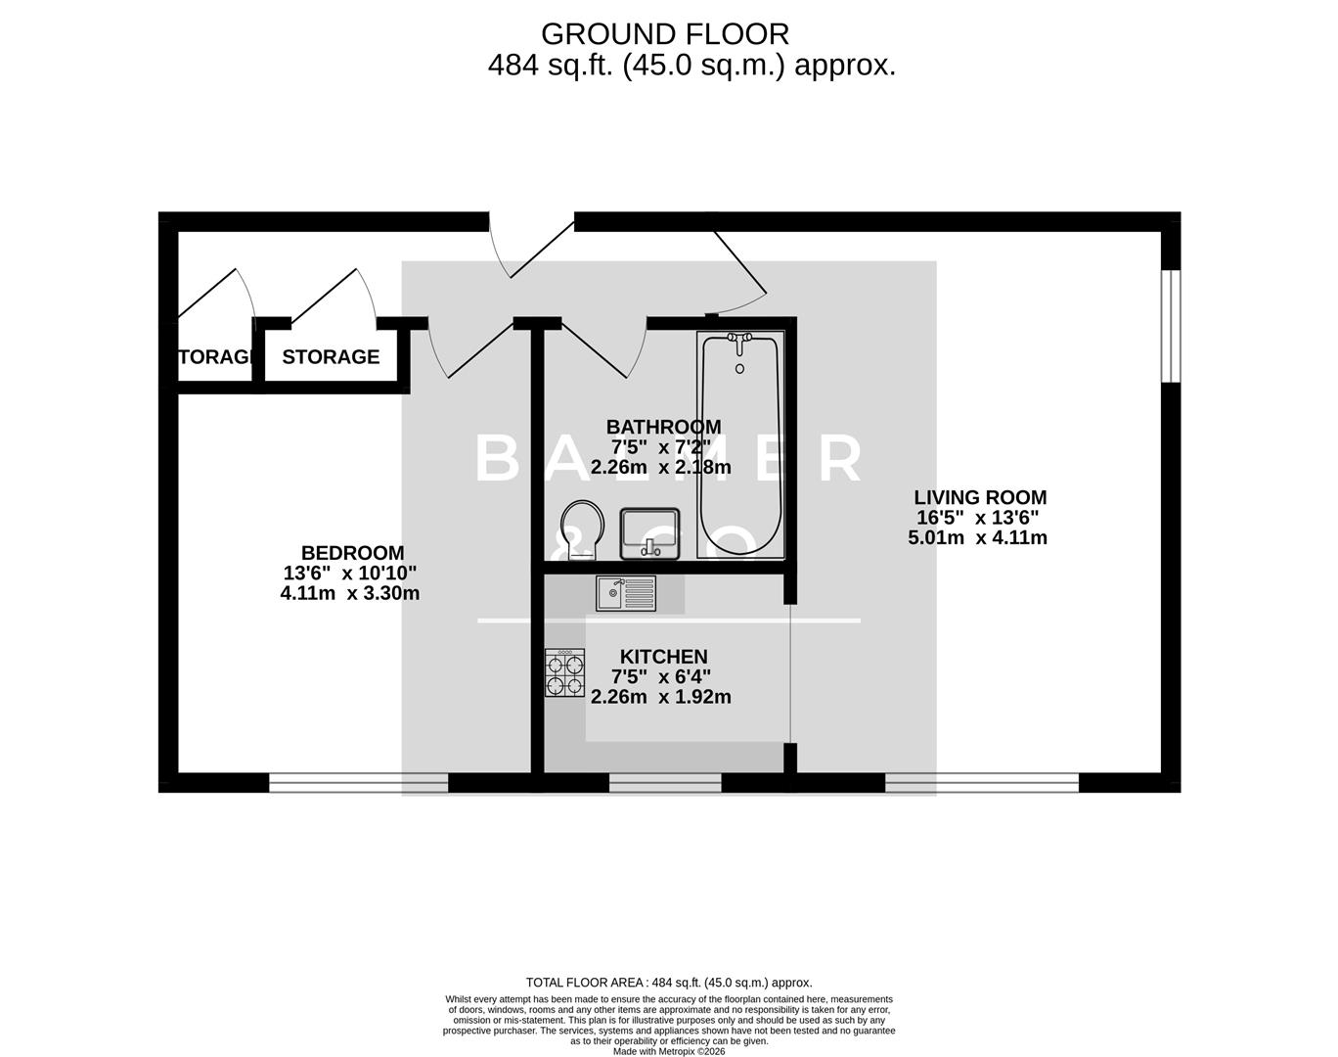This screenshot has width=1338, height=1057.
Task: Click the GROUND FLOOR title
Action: (664, 34)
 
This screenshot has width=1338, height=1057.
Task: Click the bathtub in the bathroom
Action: (739, 445)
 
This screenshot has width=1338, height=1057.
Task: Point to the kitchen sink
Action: (626, 593)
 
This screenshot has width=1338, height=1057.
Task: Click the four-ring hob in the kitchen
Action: (564, 673)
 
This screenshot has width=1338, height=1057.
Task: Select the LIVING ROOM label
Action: (980, 497)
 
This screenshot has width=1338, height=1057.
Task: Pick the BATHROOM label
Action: (663, 427)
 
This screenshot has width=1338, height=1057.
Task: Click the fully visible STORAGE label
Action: (331, 357)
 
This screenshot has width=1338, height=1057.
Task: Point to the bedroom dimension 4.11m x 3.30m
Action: (349, 593)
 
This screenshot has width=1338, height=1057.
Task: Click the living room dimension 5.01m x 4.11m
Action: (977, 537)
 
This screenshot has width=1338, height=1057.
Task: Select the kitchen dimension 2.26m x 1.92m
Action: (660, 697)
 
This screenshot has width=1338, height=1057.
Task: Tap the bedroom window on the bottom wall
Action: (358, 782)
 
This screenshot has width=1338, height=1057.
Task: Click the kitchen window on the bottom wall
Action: (665, 782)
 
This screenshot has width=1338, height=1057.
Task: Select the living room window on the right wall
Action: (1171, 325)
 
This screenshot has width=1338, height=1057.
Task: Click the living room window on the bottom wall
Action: (982, 782)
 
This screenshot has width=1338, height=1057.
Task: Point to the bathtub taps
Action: (739, 339)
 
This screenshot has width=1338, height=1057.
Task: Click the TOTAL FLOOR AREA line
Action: (669, 983)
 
